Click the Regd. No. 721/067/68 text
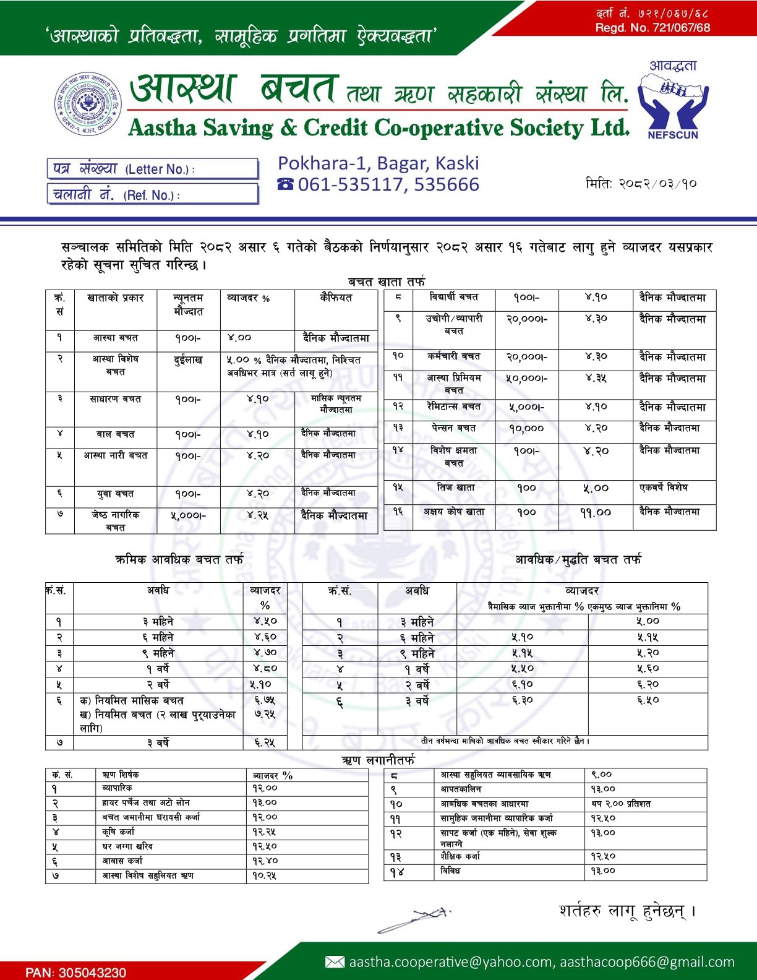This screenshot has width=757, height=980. pyautogui.click(x=652, y=28)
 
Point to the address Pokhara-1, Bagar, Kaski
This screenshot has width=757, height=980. pyautogui.click(x=378, y=163)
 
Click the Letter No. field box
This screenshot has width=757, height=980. pyautogui.click(x=152, y=169)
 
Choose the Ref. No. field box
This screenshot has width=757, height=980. pyautogui.click(x=152, y=195)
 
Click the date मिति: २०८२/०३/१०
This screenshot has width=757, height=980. pyautogui.click(x=641, y=184)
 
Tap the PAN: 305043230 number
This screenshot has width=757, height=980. pyautogui.click(x=75, y=972)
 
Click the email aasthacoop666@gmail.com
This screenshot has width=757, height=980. pyautogui.click(x=648, y=962)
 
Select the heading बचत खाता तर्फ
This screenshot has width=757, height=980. pyautogui.click(x=387, y=282)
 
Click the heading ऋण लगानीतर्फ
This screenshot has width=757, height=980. pyautogui.click(x=378, y=760)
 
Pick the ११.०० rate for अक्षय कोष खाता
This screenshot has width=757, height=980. pyautogui.click(x=595, y=512)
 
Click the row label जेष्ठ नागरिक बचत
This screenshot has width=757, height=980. pyautogui.click(x=116, y=520)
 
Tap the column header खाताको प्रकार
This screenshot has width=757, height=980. pyautogui.click(x=116, y=298)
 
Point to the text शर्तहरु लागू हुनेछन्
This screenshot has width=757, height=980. pyautogui.click(x=627, y=911)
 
